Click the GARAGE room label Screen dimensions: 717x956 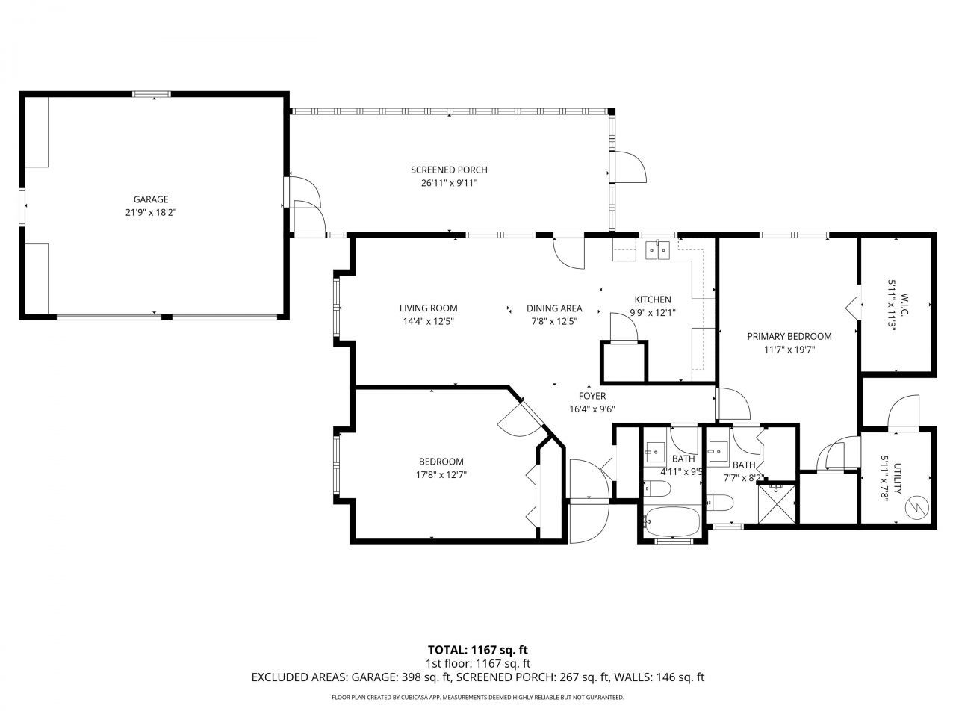tap(151, 199)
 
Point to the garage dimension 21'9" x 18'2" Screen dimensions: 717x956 tap(151, 212)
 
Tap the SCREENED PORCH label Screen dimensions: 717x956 tap(449, 170)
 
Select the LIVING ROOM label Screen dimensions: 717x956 tap(428, 308)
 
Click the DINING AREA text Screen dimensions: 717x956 tap(553, 308)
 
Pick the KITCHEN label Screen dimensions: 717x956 tap(653, 299)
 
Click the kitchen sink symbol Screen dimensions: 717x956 tap(657, 249)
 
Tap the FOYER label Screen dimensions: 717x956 tap(592, 396)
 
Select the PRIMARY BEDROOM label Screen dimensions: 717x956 tap(789, 336)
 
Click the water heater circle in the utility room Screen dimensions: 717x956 tap(914, 508)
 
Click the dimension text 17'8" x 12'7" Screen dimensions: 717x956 tap(441, 474)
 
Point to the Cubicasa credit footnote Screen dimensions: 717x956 tap(477, 698)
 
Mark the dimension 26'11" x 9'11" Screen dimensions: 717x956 tap(449, 182)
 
